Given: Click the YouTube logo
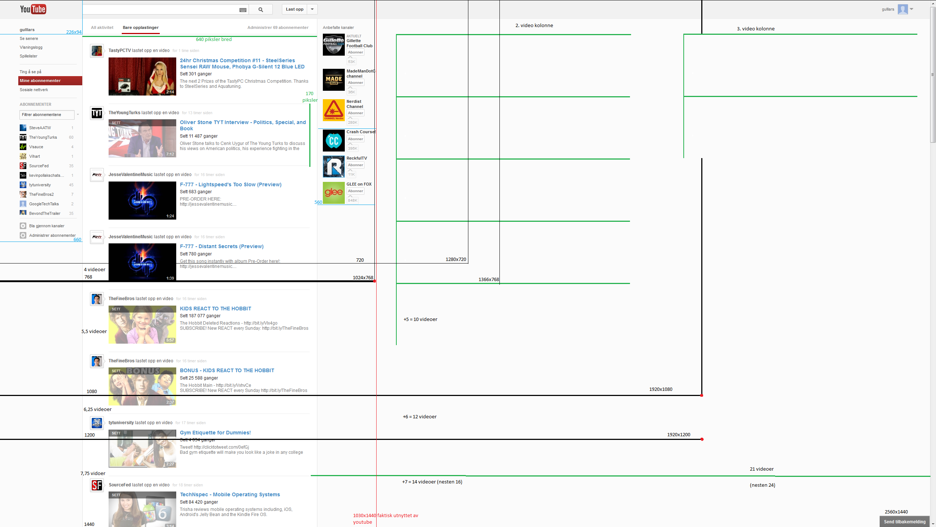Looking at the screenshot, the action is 33,9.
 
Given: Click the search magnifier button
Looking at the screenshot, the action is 261,10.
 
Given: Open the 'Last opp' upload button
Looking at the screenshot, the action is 295,10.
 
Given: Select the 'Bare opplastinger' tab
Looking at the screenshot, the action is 141,27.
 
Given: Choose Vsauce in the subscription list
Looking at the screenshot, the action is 36,147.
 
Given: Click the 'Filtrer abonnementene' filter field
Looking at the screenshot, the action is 47,115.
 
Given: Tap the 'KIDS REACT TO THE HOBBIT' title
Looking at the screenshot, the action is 215,309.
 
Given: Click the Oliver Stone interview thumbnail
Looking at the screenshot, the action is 142,138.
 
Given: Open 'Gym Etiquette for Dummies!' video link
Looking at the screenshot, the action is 215,433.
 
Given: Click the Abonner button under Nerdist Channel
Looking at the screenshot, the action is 355,113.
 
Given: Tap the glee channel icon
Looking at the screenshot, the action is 333,193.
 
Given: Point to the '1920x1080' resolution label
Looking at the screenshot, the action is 661,389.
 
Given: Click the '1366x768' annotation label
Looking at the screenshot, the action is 488,279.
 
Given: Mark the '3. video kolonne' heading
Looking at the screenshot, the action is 756,29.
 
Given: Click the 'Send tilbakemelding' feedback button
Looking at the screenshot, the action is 905,522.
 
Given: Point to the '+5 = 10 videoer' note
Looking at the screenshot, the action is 420,319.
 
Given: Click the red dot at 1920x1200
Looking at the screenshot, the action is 702,439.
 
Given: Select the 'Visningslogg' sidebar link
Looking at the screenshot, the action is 31,47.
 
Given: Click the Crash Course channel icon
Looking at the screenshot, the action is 333,141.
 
